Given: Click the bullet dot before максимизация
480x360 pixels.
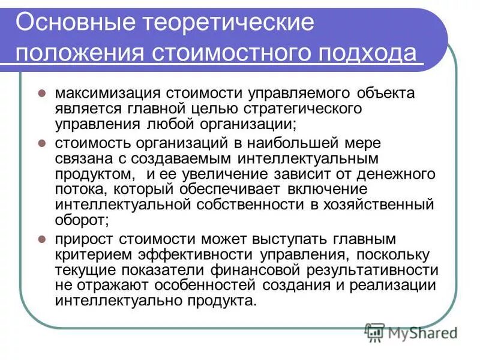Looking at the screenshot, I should (42, 94).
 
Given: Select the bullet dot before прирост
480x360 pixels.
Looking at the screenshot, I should (42, 238).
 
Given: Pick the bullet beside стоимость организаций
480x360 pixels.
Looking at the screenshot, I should (42, 144).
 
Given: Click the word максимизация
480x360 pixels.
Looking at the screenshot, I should (105, 94).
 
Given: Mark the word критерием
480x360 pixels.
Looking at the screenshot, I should (90, 254).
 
